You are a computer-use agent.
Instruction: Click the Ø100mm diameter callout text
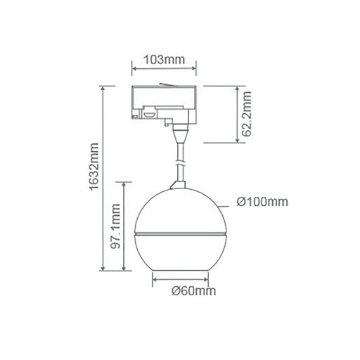tap(262, 202)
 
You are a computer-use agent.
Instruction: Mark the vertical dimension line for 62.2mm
tap(238, 115)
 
